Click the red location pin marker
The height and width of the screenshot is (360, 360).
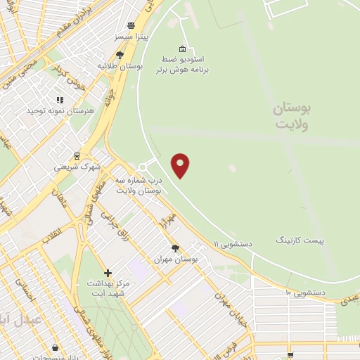click(x=181, y=165)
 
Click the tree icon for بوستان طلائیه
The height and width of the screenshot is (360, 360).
click(x=120, y=55)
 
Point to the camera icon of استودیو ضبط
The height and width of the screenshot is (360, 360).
click(x=183, y=49)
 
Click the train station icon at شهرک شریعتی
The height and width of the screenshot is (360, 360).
click(x=76, y=156)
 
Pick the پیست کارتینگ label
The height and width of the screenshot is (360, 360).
click(x=300, y=240)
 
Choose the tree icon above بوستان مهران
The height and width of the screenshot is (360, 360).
click(x=175, y=247)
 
